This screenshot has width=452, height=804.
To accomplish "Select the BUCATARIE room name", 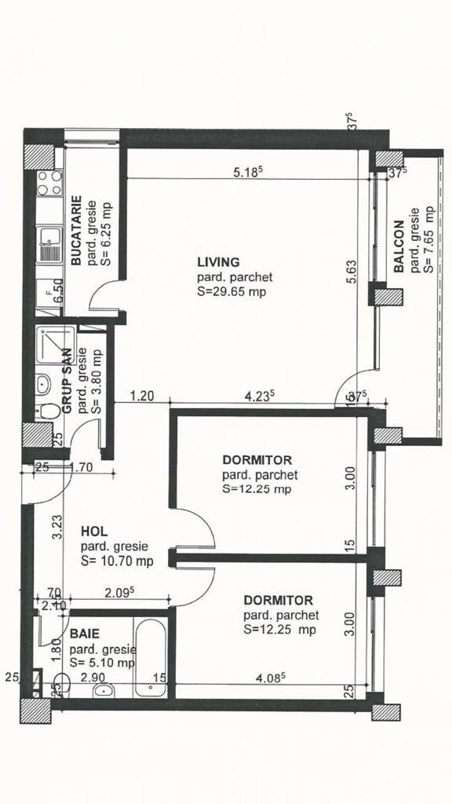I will pyautogui.click(x=78, y=232).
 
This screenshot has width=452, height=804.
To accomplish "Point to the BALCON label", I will pyautogui.click(x=399, y=245).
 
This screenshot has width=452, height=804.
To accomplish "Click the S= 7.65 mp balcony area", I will pyautogui.click(x=428, y=239).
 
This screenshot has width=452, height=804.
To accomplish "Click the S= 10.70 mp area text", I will pyautogui.click(x=116, y=561).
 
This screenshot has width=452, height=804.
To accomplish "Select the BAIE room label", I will pyautogui.click(x=84, y=633).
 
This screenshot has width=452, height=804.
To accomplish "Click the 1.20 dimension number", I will pyautogui.click(x=141, y=397).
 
